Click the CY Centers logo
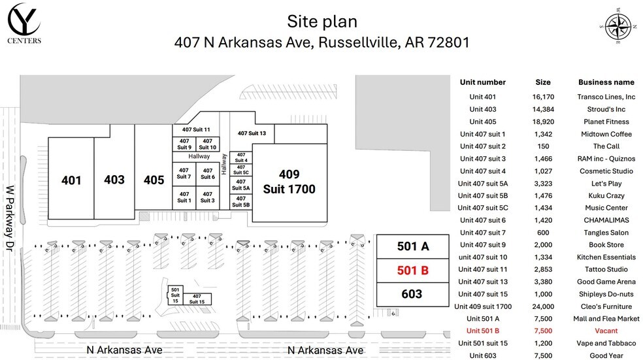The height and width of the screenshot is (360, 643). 25,24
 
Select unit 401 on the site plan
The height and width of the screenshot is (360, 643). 71,180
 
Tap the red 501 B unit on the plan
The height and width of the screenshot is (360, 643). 412,270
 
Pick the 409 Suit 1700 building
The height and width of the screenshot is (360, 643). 289,182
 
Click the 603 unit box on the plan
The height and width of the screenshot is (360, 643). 412,294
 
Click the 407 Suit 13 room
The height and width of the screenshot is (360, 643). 252,133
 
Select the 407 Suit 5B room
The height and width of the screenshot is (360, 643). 241,201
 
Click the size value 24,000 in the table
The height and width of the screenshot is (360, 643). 543,306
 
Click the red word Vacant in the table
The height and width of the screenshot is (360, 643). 606,331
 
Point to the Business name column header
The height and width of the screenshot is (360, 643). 606,82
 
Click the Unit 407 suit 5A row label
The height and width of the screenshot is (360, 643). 483,183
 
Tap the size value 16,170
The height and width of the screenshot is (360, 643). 543,97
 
